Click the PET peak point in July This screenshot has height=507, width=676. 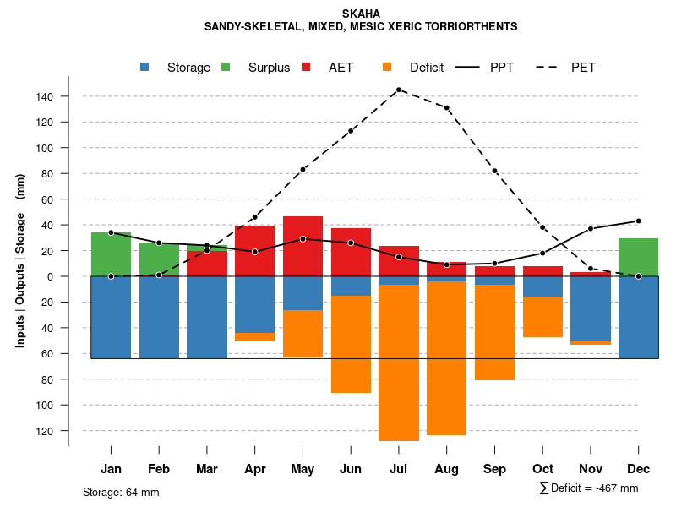pos(398,90)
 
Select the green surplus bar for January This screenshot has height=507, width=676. pos(111,253)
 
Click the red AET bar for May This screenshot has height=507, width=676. pos(303,246)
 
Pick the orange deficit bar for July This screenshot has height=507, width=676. pos(398,363)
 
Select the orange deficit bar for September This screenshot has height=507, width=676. pos(494,332)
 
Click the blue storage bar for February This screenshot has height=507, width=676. pos(159,317)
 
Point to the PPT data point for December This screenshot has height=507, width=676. pos(638,221)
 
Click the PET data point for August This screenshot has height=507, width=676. pos(446,108)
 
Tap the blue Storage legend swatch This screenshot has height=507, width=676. pos(145,68)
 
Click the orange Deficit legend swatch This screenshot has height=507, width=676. pos(388,68)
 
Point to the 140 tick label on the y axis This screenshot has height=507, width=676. pos(45,97)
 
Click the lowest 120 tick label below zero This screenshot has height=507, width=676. pos(45,431)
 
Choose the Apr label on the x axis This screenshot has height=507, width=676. pos(255,469)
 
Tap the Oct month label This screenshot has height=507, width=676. pos(542,469)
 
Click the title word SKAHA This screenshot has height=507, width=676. pos(361,14)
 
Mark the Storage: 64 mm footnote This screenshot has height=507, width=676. pos(121,492)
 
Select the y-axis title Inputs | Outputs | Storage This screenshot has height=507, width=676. pos(20,260)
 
